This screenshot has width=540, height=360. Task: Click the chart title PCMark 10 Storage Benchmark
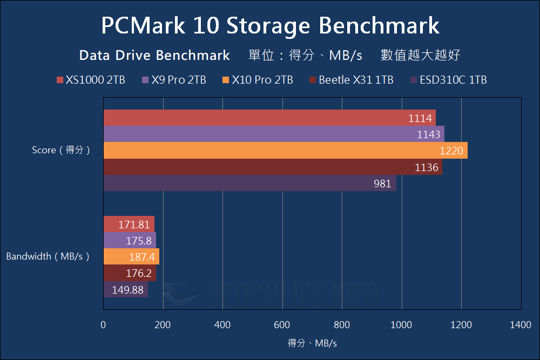[270, 25]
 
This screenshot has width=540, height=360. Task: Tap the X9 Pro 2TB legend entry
[174, 80]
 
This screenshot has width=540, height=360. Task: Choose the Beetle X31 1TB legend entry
[352, 80]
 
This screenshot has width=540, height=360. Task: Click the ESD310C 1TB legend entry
[449, 80]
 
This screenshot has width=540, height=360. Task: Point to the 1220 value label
[451, 151]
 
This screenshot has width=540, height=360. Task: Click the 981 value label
[382, 184]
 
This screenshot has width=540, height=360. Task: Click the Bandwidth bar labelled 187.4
[131, 257]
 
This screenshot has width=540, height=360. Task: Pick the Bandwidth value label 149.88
[128, 290]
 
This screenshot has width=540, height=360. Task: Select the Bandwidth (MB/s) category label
[48, 257]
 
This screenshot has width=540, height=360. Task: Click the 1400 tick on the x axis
[520, 325]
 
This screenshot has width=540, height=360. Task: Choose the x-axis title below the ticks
[312, 343]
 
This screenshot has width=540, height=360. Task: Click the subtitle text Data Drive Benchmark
[154, 55]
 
